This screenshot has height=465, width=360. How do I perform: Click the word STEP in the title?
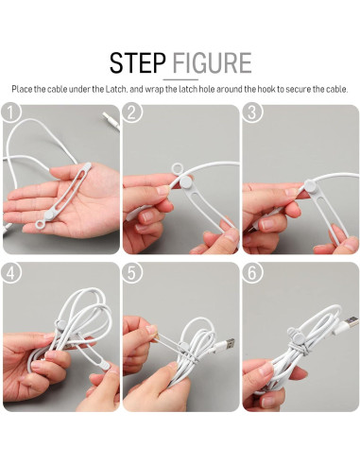click(137, 62)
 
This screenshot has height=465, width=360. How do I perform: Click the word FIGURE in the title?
click(212, 62)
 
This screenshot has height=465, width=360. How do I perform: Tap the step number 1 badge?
click(10, 112)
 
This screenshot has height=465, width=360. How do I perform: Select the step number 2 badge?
click(131, 112)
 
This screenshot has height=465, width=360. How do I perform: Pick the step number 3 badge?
click(251, 112)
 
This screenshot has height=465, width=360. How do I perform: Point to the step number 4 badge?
click(10, 273)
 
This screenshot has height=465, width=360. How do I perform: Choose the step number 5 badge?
click(131, 273)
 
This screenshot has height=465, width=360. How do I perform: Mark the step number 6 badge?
click(251, 273)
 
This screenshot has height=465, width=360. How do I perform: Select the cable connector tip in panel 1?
click(111, 121)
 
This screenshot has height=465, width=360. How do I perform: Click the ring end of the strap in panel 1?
click(41, 224)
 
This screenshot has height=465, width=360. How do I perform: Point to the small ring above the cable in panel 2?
click(178, 168)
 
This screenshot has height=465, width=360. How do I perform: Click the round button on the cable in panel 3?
click(309, 185)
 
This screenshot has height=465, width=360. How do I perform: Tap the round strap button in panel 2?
click(186, 181)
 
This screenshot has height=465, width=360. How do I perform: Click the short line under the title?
click(180, 79)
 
